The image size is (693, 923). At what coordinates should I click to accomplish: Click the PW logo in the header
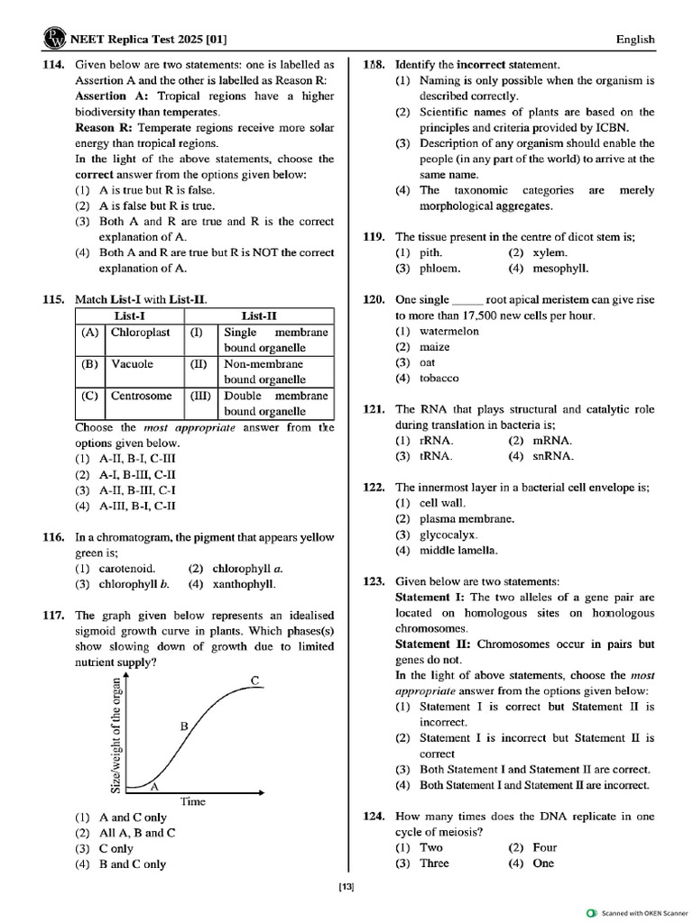(x=52, y=40)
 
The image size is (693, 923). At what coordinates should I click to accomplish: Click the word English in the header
(x=635, y=40)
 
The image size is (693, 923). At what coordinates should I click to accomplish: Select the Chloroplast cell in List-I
(x=140, y=333)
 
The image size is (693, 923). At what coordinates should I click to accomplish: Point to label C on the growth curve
(x=256, y=681)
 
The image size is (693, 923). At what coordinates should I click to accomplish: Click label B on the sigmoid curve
(x=183, y=725)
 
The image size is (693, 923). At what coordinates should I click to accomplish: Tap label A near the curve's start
(x=154, y=786)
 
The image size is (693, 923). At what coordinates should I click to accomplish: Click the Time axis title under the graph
(x=193, y=801)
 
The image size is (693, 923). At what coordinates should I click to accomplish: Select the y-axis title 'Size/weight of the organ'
(x=115, y=734)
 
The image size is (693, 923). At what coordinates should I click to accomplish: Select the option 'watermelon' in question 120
(x=448, y=331)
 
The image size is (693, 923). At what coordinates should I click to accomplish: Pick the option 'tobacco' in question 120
(x=439, y=379)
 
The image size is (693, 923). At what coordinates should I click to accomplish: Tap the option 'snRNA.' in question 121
(x=553, y=456)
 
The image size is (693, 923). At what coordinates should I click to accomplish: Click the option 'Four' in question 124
(x=545, y=847)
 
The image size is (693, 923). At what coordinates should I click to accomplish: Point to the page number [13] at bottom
(x=346, y=888)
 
